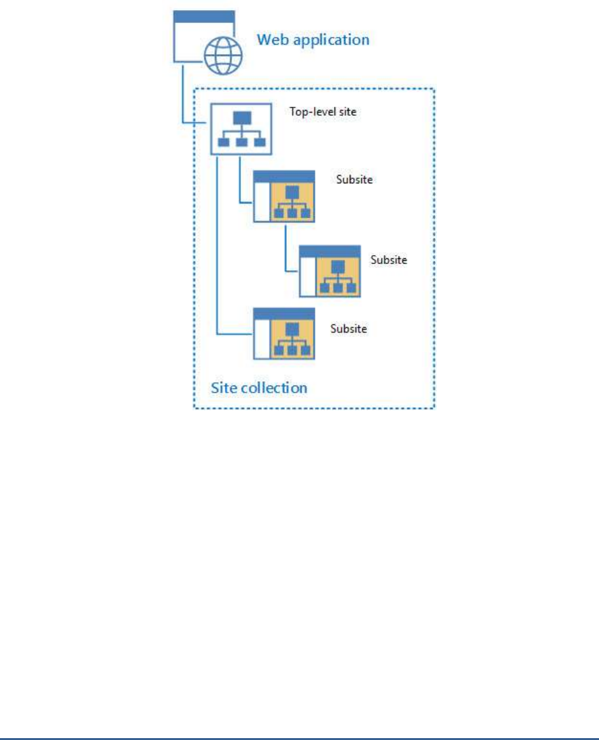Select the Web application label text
pos(312,40)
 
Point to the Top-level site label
pos(320,112)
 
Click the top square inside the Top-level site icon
pos(242,118)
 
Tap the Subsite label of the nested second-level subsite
pos(389,260)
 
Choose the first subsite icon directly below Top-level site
pos(284,196)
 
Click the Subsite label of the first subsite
pos(354,180)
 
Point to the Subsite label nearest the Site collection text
pos(349,329)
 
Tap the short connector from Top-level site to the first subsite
pos(239,181)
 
